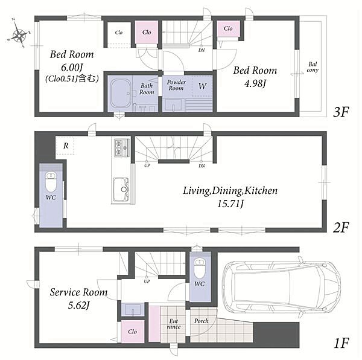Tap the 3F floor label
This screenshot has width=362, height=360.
pyautogui.click(x=341, y=112)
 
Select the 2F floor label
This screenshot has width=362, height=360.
pyautogui.click(x=341, y=227)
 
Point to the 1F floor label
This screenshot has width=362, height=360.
pyautogui.click(x=341, y=343)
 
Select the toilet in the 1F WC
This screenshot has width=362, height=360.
pyautogui.click(x=200, y=268)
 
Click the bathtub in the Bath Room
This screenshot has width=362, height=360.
pyautogui.click(x=121, y=94)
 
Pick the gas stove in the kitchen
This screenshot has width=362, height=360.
pyautogui.click(x=122, y=147)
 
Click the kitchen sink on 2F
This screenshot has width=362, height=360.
pyautogui.click(x=121, y=190)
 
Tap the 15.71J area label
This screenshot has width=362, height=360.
pyautogui.click(x=230, y=204)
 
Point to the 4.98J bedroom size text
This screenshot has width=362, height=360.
pyautogui.click(x=255, y=83)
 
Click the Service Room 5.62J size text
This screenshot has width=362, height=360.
pyautogui.click(x=78, y=306)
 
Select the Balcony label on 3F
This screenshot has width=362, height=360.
pyautogui.click(x=313, y=67)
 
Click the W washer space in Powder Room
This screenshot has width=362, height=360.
pyautogui.click(x=202, y=86)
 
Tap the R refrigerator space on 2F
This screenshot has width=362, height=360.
pyautogui.click(x=66, y=146)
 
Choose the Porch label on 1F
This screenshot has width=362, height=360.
pyautogui.click(x=201, y=321)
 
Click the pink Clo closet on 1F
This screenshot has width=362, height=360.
pyautogui.click(x=133, y=332)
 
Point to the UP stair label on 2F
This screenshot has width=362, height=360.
pyautogui.click(x=147, y=166)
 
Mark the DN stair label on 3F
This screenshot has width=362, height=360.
pyautogui.click(x=202, y=50)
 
